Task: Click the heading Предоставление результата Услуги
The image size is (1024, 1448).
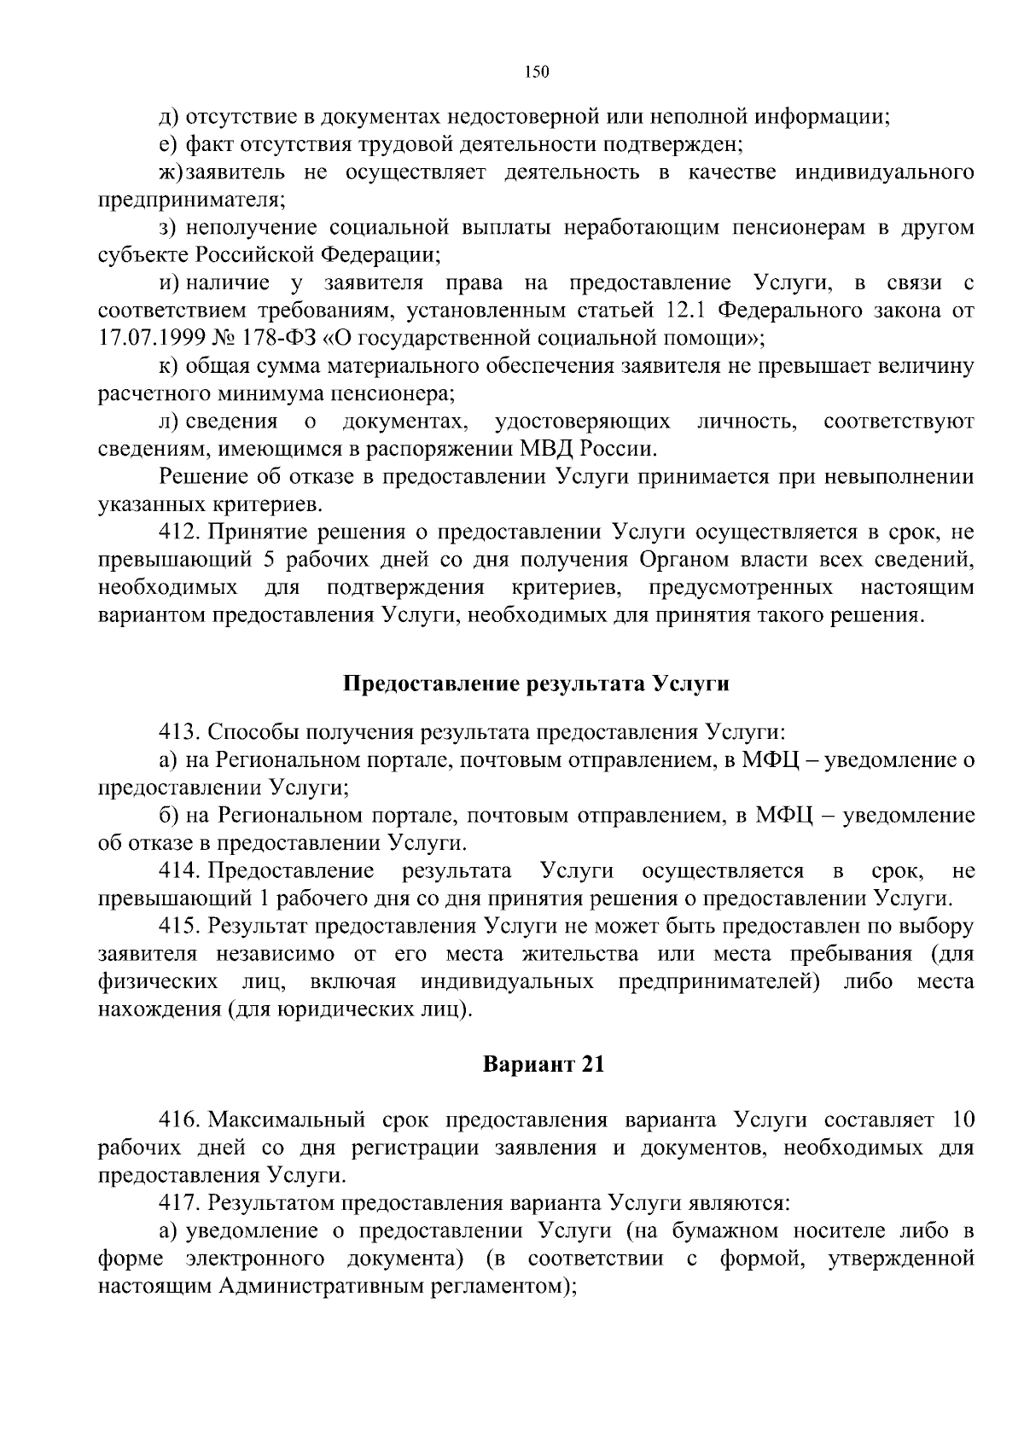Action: (x=537, y=683)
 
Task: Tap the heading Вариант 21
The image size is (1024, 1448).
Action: (x=544, y=1064)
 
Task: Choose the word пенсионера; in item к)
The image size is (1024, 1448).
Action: (x=393, y=394)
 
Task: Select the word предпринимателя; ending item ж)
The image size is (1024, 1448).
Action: (x=192, y=201)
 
